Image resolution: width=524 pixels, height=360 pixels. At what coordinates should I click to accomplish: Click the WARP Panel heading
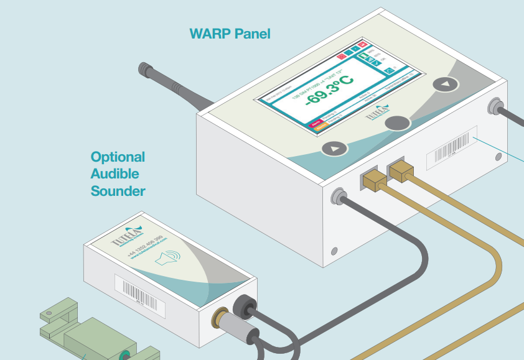pos(230,34)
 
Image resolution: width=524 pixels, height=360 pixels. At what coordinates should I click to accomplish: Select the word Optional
pos(118,157)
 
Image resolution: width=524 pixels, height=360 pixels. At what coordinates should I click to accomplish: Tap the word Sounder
pos(118,191)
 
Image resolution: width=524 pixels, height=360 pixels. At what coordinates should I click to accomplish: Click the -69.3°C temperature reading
pos(329,90)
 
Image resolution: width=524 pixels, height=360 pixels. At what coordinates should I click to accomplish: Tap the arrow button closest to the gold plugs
pos(335,149)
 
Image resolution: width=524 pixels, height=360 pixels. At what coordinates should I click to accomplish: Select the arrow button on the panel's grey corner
pos(446,84)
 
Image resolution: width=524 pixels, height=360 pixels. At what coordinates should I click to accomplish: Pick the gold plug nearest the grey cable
pos(373,180)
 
